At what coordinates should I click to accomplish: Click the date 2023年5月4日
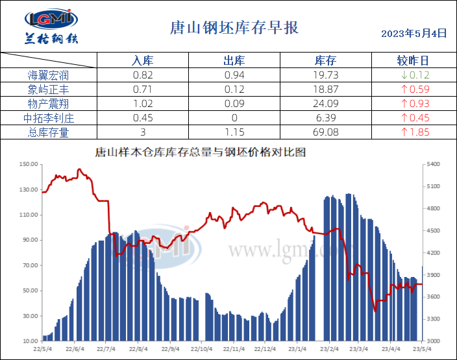click(x=414, y=33)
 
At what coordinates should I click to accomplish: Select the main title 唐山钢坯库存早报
click(x=234, y=28)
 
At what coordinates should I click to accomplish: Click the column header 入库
click(x=142, y=61)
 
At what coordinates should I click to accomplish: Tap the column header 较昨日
click(x=413, y=61)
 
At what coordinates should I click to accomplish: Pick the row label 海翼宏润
click(x=49, y=75)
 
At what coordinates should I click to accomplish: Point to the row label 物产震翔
click(x=49, y=104)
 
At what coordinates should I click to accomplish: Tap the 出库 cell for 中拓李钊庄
click(x=234, y=118)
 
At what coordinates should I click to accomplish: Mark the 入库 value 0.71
click(x=142, y=90)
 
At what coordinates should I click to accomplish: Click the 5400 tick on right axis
click(x=434, y=165)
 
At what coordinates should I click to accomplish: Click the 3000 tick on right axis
click(x=434, y=341)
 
